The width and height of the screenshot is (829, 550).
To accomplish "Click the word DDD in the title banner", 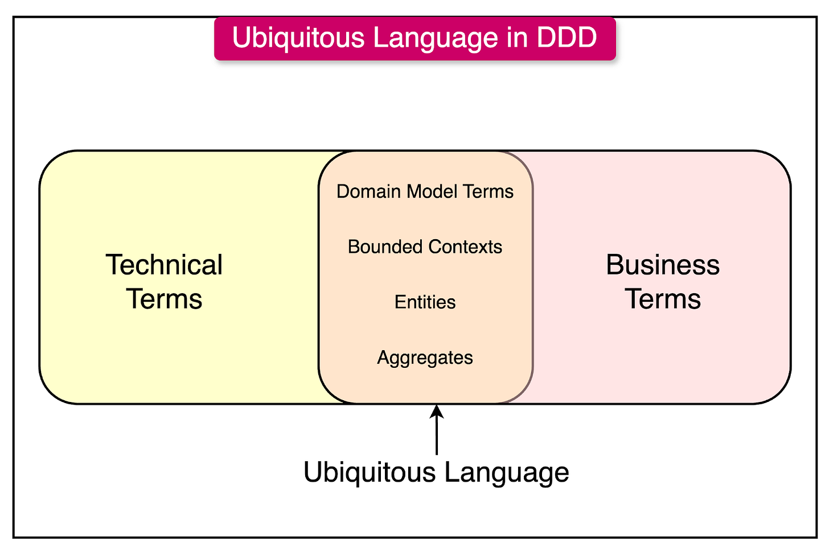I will pyautogui.click(x=567, y=38).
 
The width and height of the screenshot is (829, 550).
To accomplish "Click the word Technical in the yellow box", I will pyautogui.click(x=164, y=265).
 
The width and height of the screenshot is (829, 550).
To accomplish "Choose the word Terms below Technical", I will pyautogui.click(x=164, y=299).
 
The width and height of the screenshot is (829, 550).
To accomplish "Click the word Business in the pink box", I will pyautogui.click(x=663, y=265).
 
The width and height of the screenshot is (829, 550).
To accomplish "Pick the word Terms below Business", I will pyautogui.click(x=663, y=299).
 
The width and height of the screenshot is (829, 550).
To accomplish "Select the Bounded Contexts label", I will pyautogui.click(x=425, y=247).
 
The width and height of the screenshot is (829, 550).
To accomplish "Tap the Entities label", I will pyautogui.click(x=425, y=302).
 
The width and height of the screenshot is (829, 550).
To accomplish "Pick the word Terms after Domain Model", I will pyautogui.click(x=488, y=192).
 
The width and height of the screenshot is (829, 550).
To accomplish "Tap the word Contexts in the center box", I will pyautogui.click(x=465, y=247).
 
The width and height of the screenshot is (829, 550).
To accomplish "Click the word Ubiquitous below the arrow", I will pyautogui.click(x=370, y=473).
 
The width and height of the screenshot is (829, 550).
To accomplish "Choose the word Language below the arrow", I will pyautogui.click(x=507, y=473).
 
